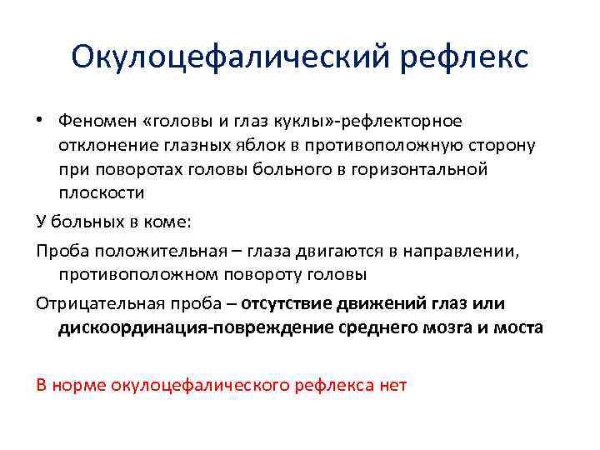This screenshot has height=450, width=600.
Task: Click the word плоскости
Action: pos(102,192)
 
